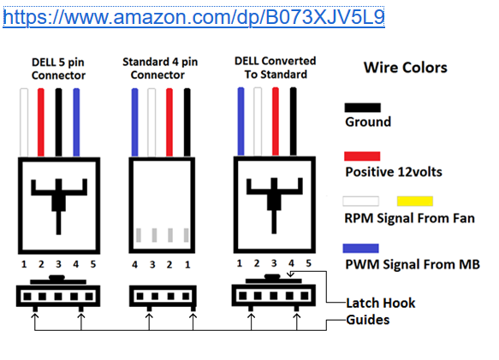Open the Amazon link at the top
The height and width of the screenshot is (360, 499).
pyautogui.click(x=193, y=17)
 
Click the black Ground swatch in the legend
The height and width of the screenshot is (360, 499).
pyautogui.click(x=362, y=108)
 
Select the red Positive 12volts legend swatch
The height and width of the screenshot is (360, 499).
pyautogui.click(x=362, y=156)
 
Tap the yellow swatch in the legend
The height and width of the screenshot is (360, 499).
pyautogui.click(x=415, y=201)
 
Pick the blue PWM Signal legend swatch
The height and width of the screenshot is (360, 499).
pyautogui.click(x=361, y=248)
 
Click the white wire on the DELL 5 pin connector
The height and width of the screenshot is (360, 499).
pyautogui.click(x=24, y=122)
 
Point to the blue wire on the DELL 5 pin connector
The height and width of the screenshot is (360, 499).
pyautogui.click(x=76, y=122)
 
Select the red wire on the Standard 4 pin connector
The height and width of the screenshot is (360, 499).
pyautogui.click(x=169, y=122)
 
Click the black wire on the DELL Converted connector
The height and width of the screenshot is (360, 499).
pyautogui.click(x=293, y=121)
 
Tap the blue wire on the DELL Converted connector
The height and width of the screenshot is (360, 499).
pyautogui.click(x=241, y=121)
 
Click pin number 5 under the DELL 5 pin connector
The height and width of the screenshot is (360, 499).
pyautogui.click(x=93, y=264)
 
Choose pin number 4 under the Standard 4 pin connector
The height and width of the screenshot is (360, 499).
pyautogui.click(x=135, y=264)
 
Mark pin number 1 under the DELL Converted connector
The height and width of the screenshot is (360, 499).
pyautogui.click(x=240, y=263)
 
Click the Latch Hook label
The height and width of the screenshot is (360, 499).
pyautogui.click(x=381, y=303)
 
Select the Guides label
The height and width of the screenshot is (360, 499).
pyautogui.click(x=367, y=320)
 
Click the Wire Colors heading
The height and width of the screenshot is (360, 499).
pyautogui.click(x=406, y=68)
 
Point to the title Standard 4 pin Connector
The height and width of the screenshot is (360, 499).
pyautogui.click(x=160, y=68)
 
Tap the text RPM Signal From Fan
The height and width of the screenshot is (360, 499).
pyautogui.click(x=410, y=219)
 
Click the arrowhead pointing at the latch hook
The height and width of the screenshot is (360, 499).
pyautogui.click(x=290, y=274)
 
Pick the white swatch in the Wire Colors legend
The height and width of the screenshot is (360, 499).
pyautogui.click(x=361, y=201)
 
